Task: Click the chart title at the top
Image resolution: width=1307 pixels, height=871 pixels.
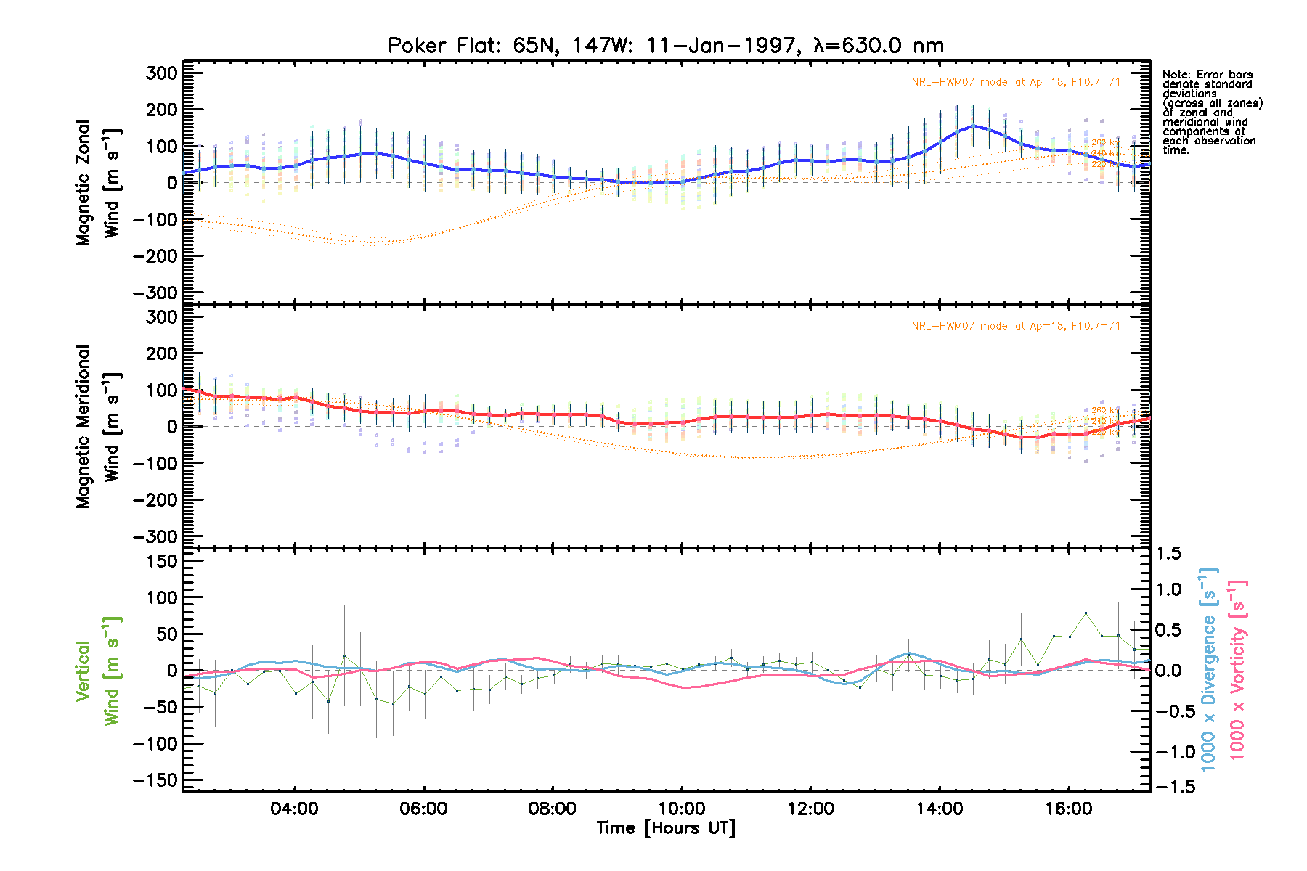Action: (666, 46)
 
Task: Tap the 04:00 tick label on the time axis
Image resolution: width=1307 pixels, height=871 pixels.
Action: (294, 809)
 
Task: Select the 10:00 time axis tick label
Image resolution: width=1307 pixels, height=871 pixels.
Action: (681, 809)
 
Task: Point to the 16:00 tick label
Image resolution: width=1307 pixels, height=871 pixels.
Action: (1069, 809)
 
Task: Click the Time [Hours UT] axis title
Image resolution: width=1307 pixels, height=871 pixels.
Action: (666, 828)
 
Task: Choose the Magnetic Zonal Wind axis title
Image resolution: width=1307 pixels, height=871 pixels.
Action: (98, 183)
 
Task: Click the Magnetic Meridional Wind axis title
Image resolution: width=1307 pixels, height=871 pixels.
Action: (98, 427)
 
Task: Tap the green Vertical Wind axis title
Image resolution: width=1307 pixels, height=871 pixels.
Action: (98, 671)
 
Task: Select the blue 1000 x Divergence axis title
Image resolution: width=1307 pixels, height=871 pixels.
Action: (1208, 669)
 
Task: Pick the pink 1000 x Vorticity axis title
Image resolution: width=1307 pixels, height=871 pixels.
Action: (1237, 669)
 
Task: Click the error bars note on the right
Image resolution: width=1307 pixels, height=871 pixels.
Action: (1211, 113)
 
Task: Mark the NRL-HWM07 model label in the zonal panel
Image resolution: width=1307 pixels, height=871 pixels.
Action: (1016, 82)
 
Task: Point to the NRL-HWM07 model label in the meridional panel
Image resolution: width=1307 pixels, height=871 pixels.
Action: (1016, 326)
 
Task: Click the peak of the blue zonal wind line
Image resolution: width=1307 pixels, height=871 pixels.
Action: (974, 126)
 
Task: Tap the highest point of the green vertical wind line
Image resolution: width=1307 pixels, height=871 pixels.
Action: (1086, 613)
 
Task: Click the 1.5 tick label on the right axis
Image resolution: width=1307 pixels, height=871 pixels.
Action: (1168, 554)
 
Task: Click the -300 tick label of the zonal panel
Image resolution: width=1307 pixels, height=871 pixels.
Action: (155, 293)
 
